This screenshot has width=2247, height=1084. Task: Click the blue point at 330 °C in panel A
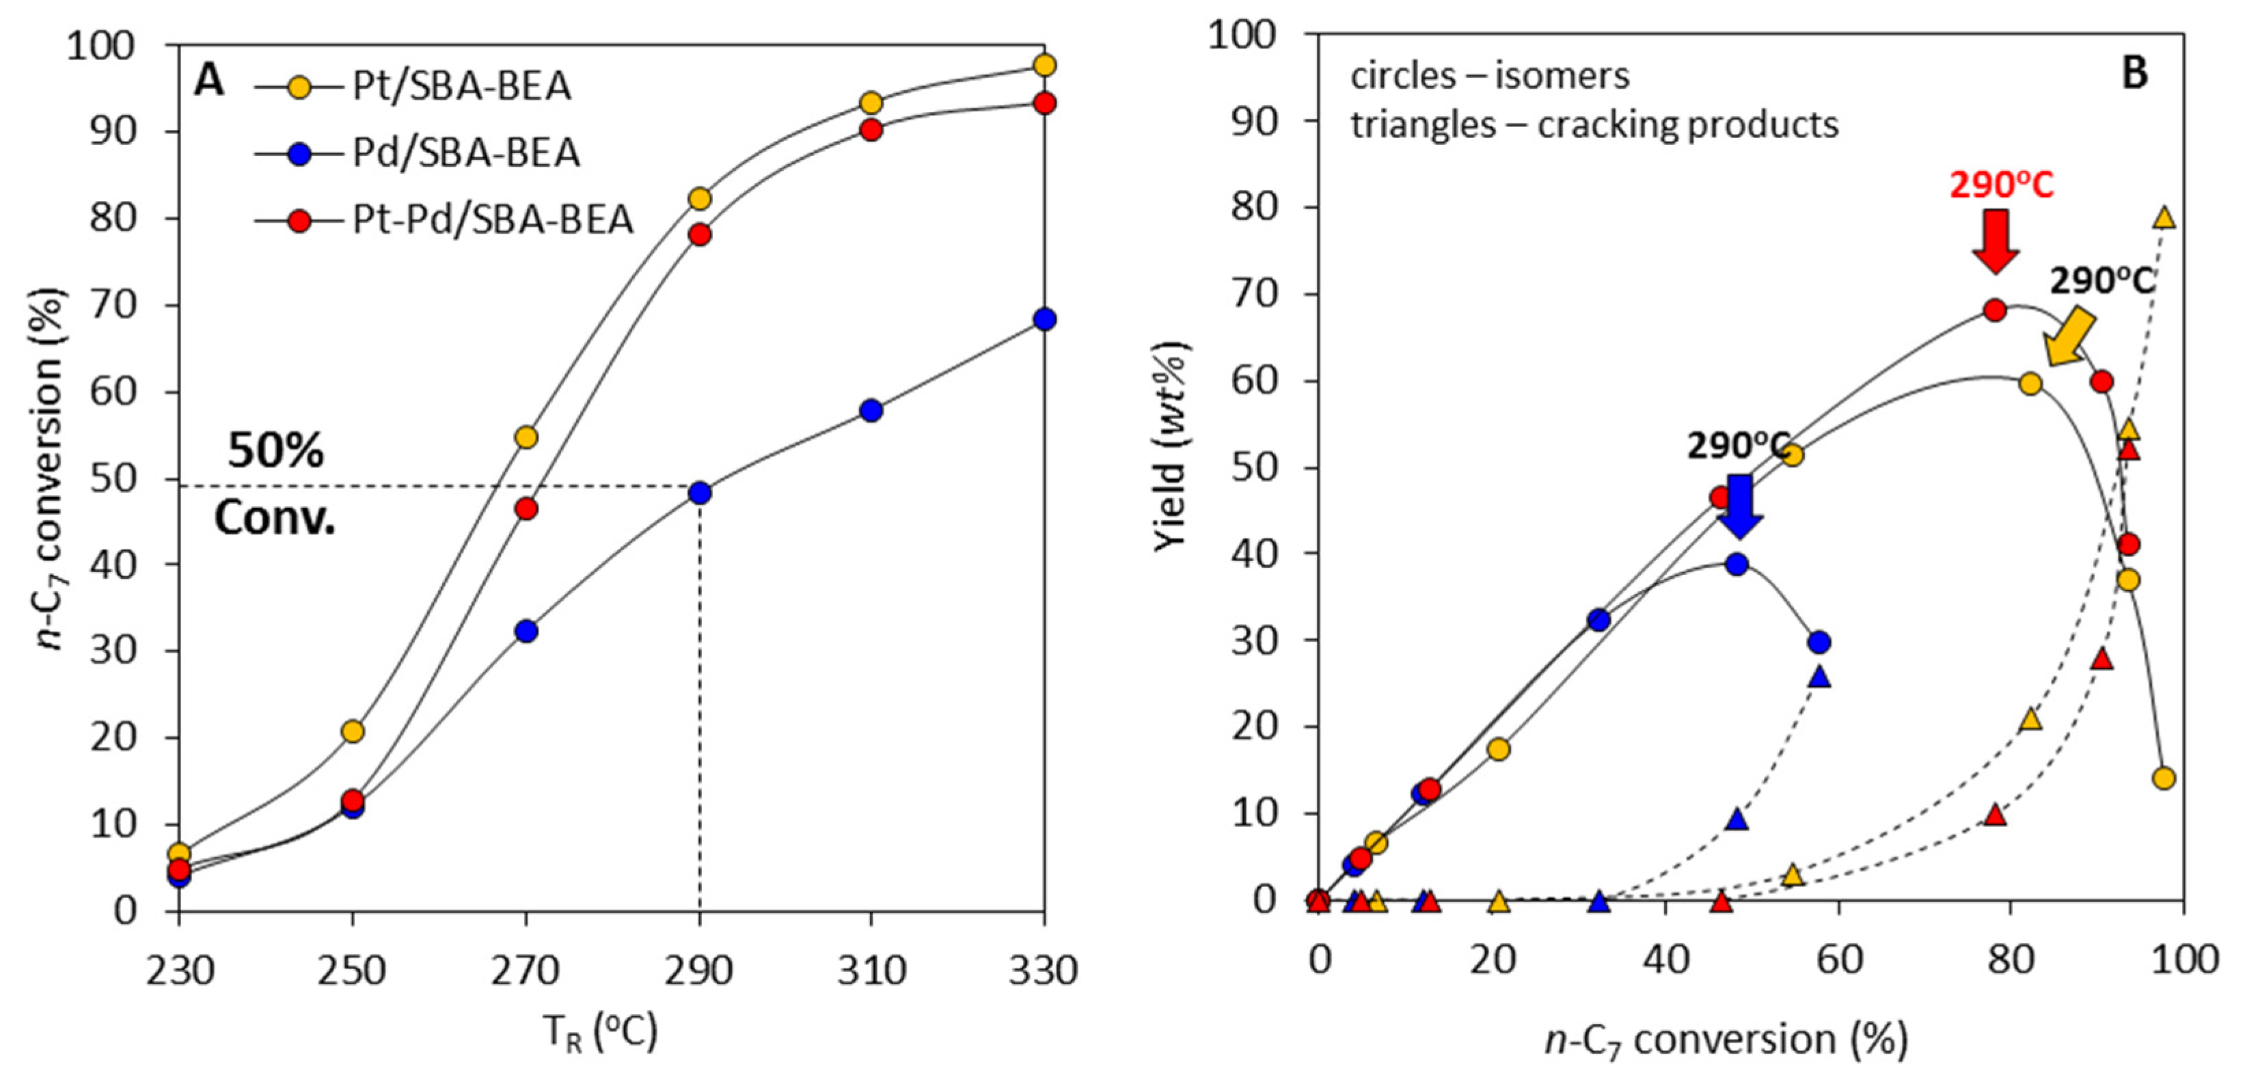coord(1044,319)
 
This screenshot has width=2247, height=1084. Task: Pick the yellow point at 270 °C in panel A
coord(526,437)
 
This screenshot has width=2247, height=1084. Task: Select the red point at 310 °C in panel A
coord(871,130)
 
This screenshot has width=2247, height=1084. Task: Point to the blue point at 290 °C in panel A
coord(700,493)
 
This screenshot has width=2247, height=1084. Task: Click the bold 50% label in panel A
coord(275,451)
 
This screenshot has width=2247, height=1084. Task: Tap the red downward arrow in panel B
coord(1995,241)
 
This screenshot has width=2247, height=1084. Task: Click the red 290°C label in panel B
coord(2000,186)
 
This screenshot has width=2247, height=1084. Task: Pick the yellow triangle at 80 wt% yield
coord(2164,218)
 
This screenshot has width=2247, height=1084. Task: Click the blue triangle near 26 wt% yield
coord(1819,677)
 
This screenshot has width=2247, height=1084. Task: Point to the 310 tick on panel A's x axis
coord(871,971)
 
